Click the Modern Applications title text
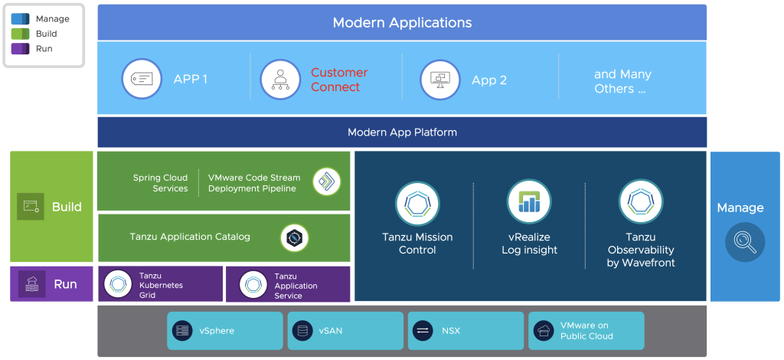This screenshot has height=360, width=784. pos(402,22)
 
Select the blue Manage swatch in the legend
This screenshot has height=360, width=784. pos(21,19)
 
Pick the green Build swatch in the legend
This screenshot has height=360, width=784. pos(21,34)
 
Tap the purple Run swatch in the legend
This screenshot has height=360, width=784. pos(21,49)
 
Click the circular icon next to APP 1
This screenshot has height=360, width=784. pos(142,79)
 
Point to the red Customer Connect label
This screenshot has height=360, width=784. pos(338,80)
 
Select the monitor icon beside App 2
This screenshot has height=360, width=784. pos(440,79)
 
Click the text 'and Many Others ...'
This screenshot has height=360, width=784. pos(622,81)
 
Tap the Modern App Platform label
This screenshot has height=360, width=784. pos(402,133)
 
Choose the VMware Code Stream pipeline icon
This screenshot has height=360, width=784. pos(327,182)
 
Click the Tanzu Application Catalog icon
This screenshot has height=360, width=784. pos(294,237)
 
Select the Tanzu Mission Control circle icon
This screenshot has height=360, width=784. pos(417,203)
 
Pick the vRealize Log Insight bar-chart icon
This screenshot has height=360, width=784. pos(529,201)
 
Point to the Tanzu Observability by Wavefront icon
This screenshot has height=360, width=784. pos(641,201)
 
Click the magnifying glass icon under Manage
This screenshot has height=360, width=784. pos(744,242)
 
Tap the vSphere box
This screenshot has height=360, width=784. pos(224,331)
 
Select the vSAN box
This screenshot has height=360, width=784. pos(345,331)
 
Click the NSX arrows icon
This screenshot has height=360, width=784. pos(423,331)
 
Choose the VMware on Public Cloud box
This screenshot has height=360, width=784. pos(586,331)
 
